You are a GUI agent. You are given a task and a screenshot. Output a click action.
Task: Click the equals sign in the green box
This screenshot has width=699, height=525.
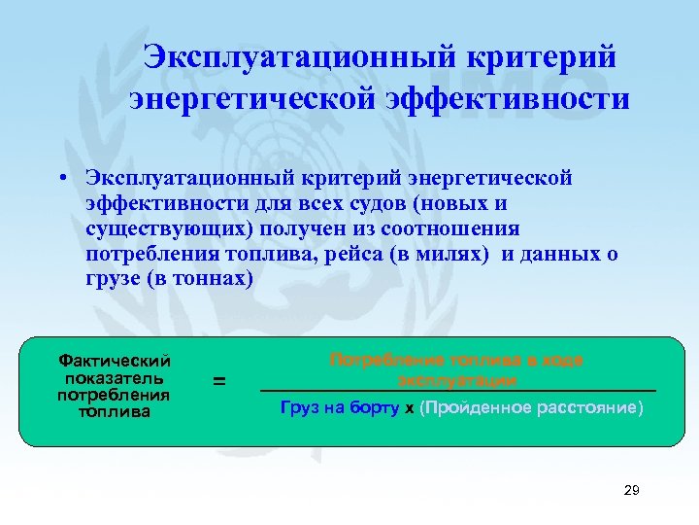[219, 382]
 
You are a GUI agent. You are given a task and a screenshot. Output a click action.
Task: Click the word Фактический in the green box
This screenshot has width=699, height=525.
[115, 361]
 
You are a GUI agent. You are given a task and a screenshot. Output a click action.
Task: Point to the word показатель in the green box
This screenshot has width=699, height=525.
[115, 377]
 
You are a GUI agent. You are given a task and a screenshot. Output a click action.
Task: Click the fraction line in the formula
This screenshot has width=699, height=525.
[457, 391]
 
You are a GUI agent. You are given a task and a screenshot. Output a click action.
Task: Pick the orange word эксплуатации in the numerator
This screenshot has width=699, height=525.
[457, 378]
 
